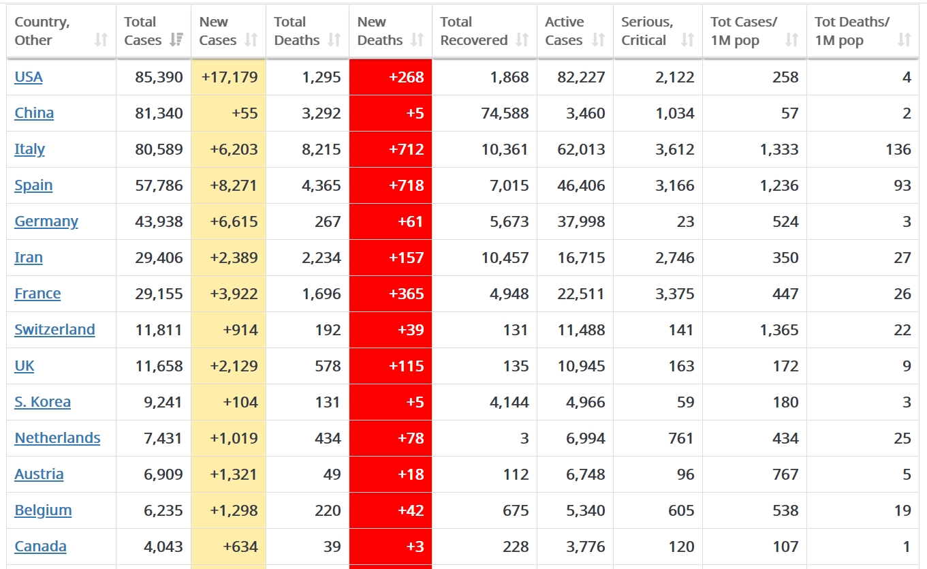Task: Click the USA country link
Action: pos(29,77)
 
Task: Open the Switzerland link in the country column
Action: pos(54,330)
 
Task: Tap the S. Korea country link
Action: pos(42,402)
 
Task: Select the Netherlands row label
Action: pos(57,438)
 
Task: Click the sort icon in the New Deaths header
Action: pos(418,40)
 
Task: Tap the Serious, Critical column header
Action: pos(647,31)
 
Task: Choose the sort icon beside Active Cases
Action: pos(598,40)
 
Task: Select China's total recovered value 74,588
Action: pos(505,113)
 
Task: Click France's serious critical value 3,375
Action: pos(674,294)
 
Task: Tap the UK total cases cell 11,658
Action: pos(159,366)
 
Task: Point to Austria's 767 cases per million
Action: pos(785,474)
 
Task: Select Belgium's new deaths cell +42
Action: pos(411,510)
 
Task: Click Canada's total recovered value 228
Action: pos(516,547)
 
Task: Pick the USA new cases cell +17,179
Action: pos(230,77)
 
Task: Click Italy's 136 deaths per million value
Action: pos(898,149)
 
